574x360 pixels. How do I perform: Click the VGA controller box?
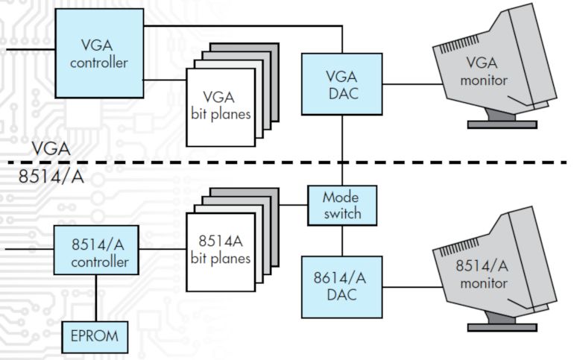[x=98, y=51]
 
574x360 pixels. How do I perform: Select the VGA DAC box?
[x=342, y=83]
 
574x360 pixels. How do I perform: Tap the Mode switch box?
[x=342, y=206]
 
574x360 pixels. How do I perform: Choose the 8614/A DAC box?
[x=341, y=286]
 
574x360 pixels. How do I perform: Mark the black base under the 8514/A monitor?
[x=501, y=326]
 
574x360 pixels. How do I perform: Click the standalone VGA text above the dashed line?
[x=51, y=149]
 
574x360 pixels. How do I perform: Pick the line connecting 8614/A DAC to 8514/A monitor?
[x=410, y=285]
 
